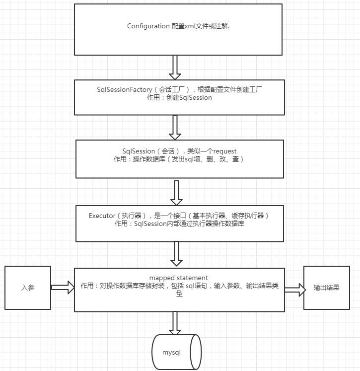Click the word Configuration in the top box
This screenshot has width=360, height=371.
coord(148,26)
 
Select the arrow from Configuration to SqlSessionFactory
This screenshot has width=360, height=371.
coord(175,67)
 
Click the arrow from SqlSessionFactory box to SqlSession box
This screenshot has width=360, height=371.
coord(175,127)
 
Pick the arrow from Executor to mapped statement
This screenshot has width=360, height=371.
coord(176,254)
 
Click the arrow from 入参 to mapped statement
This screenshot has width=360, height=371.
coord(62,288)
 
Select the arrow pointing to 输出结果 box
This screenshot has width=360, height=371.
coord(294,291)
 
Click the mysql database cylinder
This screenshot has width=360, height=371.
coord(176,352)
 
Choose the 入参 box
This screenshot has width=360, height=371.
coord(28,288)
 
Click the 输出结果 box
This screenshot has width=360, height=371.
coord(326,288)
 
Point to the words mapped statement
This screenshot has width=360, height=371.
coord(179,277)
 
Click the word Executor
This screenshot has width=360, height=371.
coord(102,216)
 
